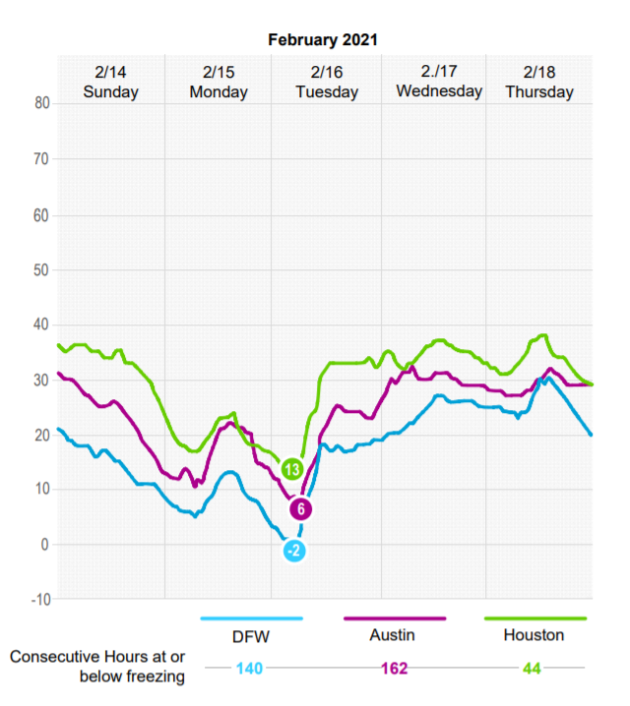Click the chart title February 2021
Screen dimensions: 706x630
(323, 40)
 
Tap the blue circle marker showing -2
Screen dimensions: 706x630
(293, 551)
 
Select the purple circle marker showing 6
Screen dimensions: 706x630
(301, 509)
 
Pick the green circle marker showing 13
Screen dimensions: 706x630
(292, 469)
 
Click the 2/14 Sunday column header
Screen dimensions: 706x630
(111, 82)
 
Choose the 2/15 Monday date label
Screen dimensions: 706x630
(219, 82)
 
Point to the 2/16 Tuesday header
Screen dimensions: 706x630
(326, 82)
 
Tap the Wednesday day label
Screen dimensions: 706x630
(439, 91)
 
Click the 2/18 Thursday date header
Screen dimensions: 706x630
(539, 82)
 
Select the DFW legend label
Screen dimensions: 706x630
(251, 636)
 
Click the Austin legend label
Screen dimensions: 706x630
(394, 636)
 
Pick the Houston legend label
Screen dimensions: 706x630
(534, 636)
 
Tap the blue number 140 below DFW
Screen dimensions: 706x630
(250, 669)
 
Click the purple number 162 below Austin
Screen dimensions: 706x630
(394, 669)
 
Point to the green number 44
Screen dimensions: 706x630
(533, 669)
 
